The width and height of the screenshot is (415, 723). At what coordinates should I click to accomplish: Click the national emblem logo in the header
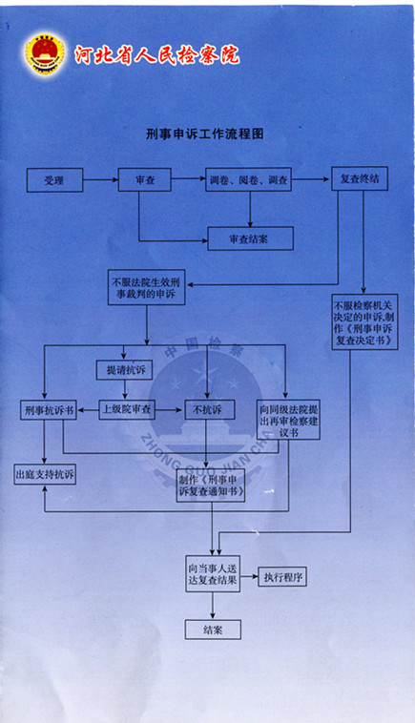(45, 54)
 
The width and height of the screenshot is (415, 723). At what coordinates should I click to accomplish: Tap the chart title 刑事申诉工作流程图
(205, 134)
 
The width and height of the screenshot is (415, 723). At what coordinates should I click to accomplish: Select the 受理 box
(55, 180)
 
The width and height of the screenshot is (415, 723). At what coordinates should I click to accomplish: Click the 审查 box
(145, 179)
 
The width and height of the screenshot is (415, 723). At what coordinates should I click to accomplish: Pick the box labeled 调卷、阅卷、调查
(249, 179)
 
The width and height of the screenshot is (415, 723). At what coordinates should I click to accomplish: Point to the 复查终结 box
(360, 179)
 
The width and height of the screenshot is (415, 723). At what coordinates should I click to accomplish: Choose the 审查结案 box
(250, 238)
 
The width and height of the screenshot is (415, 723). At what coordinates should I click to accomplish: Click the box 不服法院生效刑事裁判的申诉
(147, 287)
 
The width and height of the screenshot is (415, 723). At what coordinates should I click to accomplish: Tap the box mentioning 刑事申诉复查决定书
(364, 321)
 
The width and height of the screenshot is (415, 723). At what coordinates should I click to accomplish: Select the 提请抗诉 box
(124, 369)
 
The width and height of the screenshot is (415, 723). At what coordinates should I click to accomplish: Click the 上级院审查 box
(127, 409)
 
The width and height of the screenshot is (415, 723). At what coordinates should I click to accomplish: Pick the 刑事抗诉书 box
(49, 410)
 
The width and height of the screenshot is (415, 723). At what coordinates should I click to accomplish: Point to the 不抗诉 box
(210, 409)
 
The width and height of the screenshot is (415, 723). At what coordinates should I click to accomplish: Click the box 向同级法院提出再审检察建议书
(289, 420)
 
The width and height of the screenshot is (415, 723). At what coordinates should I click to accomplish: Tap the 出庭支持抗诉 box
(45, 474)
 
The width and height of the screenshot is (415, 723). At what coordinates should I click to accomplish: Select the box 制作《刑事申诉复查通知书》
(211, 485)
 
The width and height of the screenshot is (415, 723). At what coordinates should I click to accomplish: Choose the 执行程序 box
(282, 577)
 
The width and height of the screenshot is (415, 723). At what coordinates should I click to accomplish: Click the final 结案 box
(213, 630)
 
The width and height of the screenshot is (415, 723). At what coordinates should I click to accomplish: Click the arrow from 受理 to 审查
(100, 180)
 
